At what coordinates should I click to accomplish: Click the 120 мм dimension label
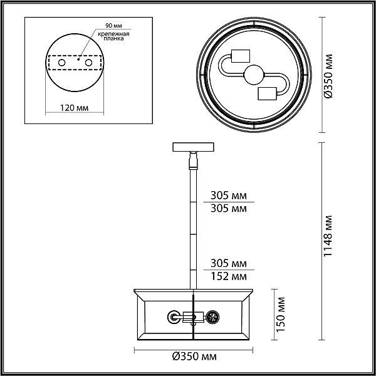coord(74,108)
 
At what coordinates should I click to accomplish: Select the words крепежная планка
coord(113,36)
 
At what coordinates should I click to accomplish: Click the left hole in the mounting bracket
coord(62,63)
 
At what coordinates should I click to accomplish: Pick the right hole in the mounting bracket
coord(88,63)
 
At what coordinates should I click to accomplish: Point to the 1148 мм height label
coord(328,236)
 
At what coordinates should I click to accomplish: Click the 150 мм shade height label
coord(281,315)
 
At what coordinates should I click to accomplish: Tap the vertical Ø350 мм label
coord(328,76)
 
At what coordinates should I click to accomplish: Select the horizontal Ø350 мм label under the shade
coord(194,357)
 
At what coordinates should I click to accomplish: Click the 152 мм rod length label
coord(229,276)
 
